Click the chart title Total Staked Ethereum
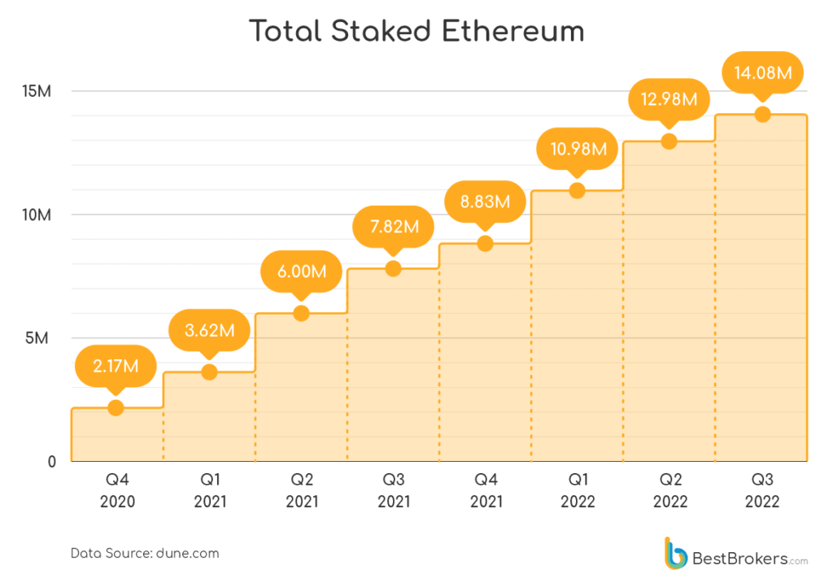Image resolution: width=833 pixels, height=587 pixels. point(416,32)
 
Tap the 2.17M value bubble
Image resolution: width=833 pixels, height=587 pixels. point(116,366)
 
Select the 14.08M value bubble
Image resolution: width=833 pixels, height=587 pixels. point(762,73)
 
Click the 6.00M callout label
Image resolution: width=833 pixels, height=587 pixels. point(301,272)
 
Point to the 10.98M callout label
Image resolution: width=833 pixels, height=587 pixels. point(577,149)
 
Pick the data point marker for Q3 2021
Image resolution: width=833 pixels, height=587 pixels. point(393,268)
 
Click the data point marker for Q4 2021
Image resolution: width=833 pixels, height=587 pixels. point(485,243)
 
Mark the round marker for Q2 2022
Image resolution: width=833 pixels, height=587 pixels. point(669,141)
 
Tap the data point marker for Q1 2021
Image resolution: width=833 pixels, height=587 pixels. point(209,372)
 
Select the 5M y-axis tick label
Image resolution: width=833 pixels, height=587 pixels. point(38,338)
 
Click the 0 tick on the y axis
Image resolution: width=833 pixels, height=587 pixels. point(51,462)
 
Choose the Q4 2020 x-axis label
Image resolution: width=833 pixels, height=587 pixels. point(117,490)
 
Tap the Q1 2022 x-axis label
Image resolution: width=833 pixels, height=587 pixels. point(578,490)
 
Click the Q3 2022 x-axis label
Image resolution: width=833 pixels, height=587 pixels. point(761,490)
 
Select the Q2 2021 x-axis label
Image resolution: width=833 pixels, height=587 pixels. point(302,490)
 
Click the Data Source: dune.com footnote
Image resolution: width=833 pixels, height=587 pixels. point(145,553)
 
